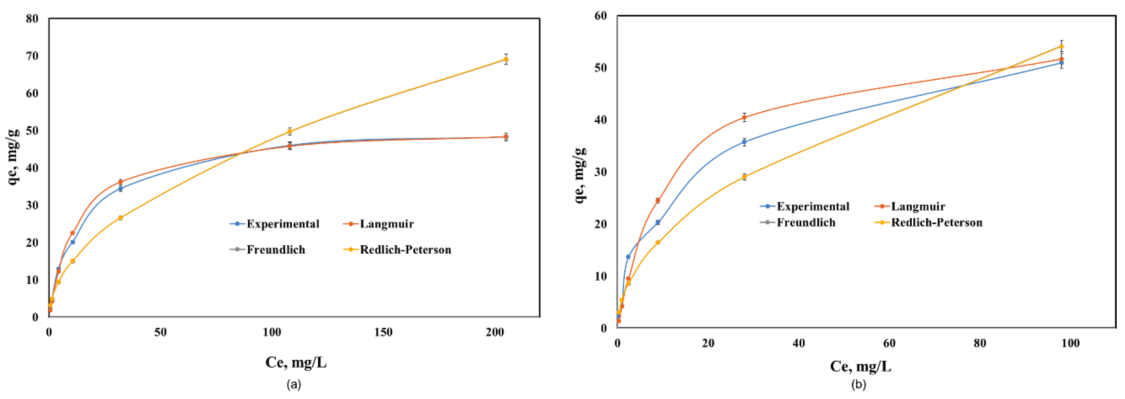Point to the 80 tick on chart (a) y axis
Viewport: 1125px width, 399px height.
(x=32, y=19)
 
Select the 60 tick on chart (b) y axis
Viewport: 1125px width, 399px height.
(x=601, y=16)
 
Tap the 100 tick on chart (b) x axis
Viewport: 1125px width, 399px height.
(x=1070, y=343)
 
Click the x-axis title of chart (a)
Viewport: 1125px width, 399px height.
(x=296, y=362)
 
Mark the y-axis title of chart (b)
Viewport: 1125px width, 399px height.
(x=580, y=175)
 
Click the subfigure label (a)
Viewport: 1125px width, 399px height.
(x=293, y=384)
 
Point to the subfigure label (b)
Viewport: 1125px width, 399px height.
(x=858, y=384)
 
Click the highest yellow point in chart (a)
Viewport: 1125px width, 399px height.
(x=506, y=60)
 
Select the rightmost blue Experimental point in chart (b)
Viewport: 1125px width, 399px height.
(x=1061, y=63)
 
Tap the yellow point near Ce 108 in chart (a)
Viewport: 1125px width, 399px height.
(x=290, y=131)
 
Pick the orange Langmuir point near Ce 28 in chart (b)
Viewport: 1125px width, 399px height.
(x=744, y=117)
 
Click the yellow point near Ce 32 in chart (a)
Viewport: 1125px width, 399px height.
(x=120, y=218)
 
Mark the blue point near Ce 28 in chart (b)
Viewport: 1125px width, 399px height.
(x=744, y=142)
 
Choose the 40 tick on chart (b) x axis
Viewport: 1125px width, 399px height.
(x=799, y=343)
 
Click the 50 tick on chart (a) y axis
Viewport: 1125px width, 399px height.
(x=32, y=131)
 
